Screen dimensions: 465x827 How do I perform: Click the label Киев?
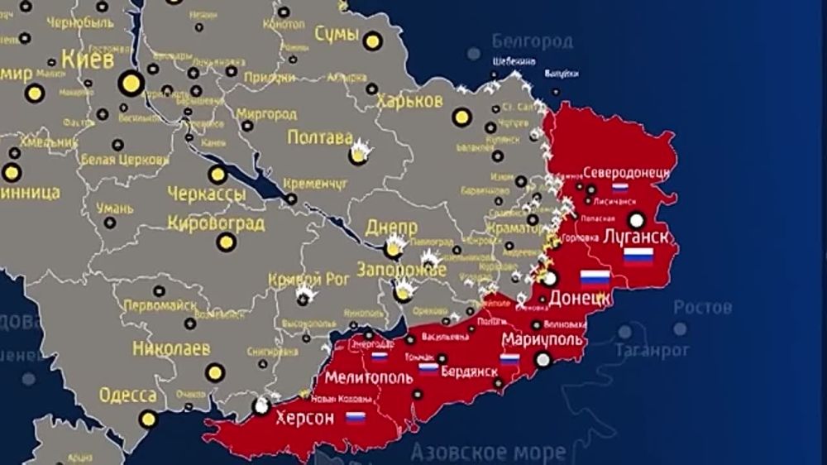pos(88,60)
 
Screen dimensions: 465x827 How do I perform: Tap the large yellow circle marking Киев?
pos(131,83)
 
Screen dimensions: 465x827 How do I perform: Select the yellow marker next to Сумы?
pos(373,40)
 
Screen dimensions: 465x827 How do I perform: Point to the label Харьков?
pos(409,101)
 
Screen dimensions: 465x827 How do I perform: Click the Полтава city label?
pos(320,137)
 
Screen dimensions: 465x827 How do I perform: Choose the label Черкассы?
pos(207,194)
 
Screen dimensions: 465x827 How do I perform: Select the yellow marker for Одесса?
pos(148,419)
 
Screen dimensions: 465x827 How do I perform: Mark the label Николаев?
pos(171,348)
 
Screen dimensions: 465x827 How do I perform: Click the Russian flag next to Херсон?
pos(356,418)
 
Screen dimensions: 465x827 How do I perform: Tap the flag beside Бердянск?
pos(428,369)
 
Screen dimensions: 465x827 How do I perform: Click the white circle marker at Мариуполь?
pos(543,359)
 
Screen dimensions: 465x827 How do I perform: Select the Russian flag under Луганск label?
pos(638,256)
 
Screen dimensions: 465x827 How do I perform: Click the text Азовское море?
pos(489,453)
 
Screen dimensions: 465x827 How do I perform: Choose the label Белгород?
pos(533,41)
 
